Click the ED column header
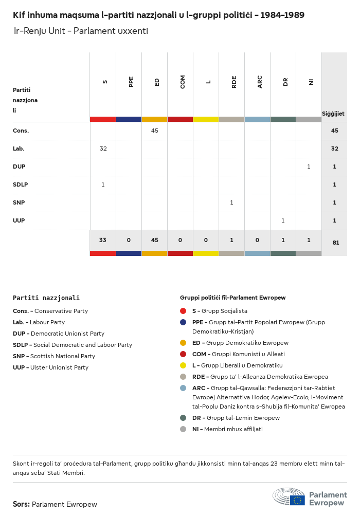[x=157, y=82]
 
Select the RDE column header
[x=234, y=82]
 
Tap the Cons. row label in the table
[x=21, y=131]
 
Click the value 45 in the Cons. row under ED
[x=154, y=131]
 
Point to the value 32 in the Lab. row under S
[x=103, y=149]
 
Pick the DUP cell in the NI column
[x=309, y=167]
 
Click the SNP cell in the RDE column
[x=231, y=202]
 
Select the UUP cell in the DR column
[x=283, y=220]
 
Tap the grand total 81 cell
[x=335, y=243]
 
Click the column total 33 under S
[x=103, y=240]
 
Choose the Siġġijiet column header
[x=333, y=114]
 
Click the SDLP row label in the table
[x=21, y=184]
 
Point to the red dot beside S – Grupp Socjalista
[x=183, y=311]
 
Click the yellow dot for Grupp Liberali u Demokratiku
[x=183, y=365]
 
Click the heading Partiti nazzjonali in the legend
[x=46, y=298]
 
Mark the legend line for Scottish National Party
[x=54, y=356]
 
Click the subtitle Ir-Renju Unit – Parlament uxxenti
[x=81, y=31]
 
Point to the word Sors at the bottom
[x=21, y=504]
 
